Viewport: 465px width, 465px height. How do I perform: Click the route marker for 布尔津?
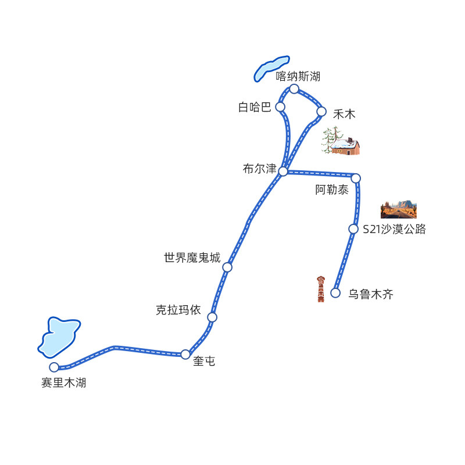(283, 171)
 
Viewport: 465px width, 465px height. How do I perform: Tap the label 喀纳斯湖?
(298, 76)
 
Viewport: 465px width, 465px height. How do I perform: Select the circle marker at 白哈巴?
(280, 107)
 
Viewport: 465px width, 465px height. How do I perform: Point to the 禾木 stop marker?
(321, 112)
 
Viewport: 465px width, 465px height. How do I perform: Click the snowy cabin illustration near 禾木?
(342, 142)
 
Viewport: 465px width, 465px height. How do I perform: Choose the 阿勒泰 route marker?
(356, 178)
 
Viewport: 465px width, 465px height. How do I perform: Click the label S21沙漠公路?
(394, 230)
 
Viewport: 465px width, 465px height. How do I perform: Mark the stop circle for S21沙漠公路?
(353, 229)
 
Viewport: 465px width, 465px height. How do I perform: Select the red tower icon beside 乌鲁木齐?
(320, 289)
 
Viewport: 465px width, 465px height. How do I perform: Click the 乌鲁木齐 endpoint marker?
(335, 293)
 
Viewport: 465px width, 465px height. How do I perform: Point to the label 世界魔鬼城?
(192, 257)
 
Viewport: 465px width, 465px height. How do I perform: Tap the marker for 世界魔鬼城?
(227, 267)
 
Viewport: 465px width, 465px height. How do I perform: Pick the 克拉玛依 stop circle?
(212, 317)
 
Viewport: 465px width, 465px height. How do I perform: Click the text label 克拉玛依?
(178, 310)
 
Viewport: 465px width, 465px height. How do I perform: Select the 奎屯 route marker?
(185, 354)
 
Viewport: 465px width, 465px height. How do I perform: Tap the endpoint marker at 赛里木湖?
(54, 367)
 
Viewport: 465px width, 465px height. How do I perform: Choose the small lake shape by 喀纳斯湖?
(270, 67)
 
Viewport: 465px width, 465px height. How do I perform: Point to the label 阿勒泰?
(332, 190)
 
